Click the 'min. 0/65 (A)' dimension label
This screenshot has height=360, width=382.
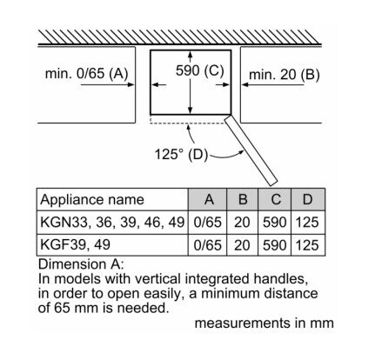[86, 73]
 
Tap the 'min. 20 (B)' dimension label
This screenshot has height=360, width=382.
[285, 75]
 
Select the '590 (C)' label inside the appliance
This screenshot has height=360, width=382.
[200, 70]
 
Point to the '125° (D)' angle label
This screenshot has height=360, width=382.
[181, 154]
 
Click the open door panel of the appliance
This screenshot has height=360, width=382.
[251, 150]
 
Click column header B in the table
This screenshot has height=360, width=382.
[243, 199]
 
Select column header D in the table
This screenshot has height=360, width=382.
[307, 199]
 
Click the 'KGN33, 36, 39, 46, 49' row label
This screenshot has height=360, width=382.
[112, 223]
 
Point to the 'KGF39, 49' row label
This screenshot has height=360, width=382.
[75, 244]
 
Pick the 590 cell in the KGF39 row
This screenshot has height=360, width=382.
[275, 245]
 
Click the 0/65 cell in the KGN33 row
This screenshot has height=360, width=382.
[207, 223]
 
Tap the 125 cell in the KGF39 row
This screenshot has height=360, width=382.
[307, 245]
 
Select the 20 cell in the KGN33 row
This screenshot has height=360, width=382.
[242, 223]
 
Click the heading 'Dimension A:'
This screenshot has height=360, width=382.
[81, 264]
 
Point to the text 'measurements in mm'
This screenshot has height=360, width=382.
[265, 323]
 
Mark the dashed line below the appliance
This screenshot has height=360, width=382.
[187, 123]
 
